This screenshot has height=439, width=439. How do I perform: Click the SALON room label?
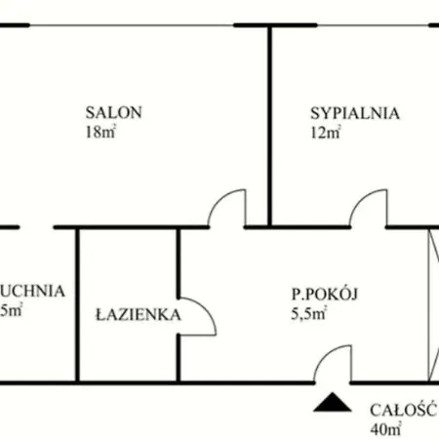click(114, 112)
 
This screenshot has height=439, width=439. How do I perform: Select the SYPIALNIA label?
click(355, 112)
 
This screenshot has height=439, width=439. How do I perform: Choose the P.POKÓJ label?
click(326, 292)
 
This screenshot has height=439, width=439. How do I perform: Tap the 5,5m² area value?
click(307, 314)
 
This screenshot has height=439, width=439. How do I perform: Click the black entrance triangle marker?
click(331, 401)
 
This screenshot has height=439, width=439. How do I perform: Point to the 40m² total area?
click(386, 428)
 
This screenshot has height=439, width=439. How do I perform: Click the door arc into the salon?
click(226, 207)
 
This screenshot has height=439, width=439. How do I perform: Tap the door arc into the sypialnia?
click(370, 207)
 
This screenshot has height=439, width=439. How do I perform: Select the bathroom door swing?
click(196, 316)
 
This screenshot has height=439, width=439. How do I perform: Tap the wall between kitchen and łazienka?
click(77, 302)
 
